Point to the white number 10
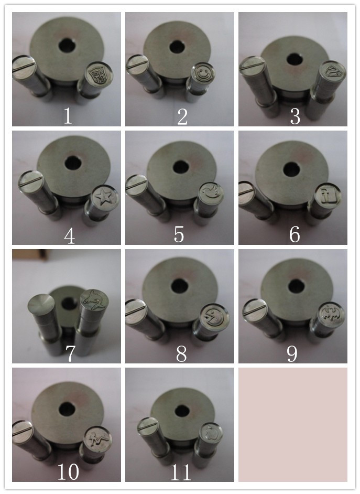pyautogui.click(x=68, y=471)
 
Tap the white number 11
pyautogui.click(x=181, y=472)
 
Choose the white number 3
pyautogui.click(x=295, y=116)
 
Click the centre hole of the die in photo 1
pyautogui.click(x=67, y=46)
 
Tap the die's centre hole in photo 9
pyautogui.click(x=296, y=286)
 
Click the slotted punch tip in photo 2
pyautogui.click(x=137, y=65)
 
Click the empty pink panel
pyautogui.click(x=292, y=424)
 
